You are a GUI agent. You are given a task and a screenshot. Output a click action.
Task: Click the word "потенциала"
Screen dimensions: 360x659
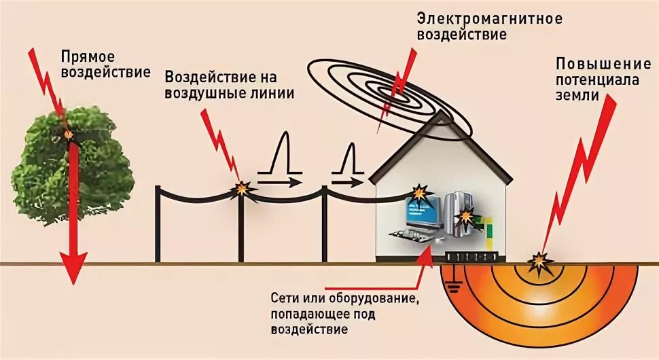(599, 80)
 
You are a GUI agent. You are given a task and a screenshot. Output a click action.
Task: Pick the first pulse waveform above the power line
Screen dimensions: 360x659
(280, 160)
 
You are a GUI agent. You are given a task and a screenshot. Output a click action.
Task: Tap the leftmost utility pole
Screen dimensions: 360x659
(158, 224)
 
